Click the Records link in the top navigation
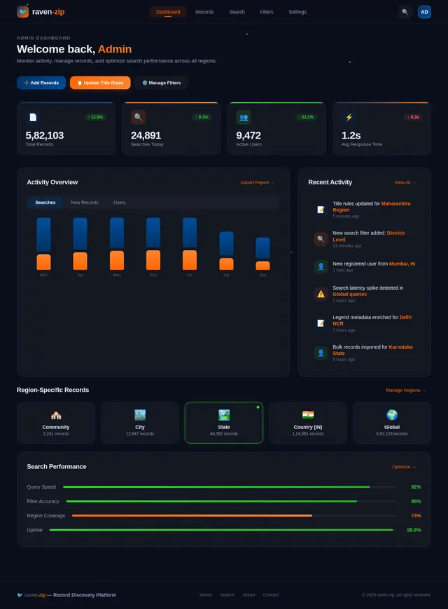204,12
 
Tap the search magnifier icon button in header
405,12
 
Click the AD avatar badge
424,12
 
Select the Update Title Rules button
100,83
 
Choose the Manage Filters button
161,83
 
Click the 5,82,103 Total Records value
45,135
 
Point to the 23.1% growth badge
305,117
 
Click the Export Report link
258,183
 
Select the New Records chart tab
85,202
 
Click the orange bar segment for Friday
190,260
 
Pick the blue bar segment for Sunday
262,248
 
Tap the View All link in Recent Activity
405,183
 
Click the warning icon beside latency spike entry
321,294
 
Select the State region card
224,423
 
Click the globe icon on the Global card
392,415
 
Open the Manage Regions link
405,390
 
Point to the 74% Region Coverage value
416,516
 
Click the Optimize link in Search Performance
404,467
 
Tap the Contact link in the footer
271,595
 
